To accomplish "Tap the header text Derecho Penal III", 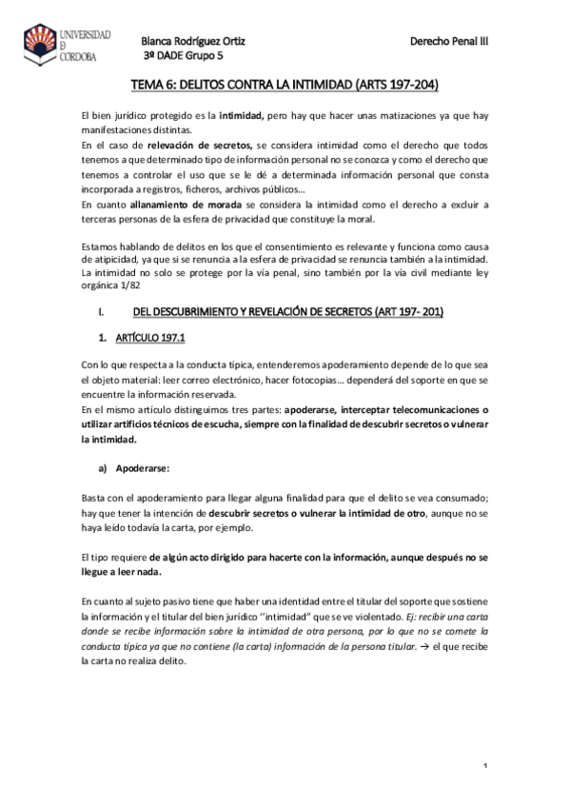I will click(448, 41).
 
